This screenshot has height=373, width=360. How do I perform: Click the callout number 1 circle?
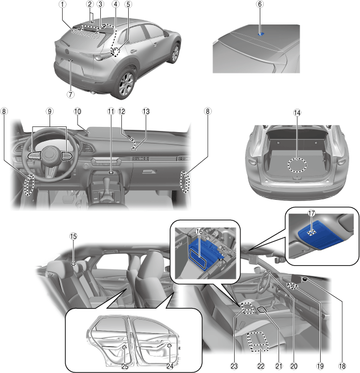[63, 5]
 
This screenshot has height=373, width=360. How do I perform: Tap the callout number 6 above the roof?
[260, 4]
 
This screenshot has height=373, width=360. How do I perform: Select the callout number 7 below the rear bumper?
[71, 94]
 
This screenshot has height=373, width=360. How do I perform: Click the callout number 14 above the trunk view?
[297, 113]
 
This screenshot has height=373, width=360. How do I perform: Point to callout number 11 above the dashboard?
[111, 111]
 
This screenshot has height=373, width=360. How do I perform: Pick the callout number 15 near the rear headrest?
[73, 236]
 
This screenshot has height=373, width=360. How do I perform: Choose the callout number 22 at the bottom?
[261, 366]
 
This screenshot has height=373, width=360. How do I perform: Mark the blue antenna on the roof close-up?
[261, 34]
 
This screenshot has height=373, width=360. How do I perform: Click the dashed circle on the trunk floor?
[297, 165]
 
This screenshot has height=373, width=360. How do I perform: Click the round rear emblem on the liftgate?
[67, 51]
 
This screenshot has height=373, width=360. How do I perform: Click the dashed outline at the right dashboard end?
[185, 182]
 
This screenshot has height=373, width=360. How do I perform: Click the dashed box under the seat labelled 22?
[257, 341]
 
